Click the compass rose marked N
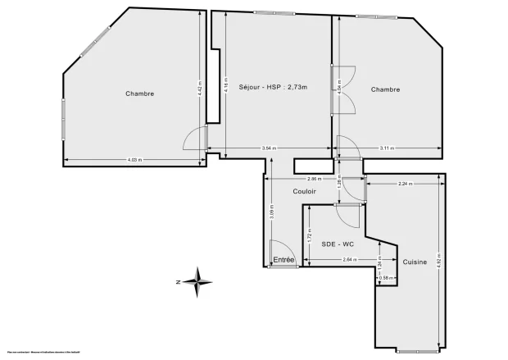pyautogui.click(x=197, y=281)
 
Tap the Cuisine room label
pyautogui.click(x=415, y=262)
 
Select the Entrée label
pyautogui.click(x=283, y=260)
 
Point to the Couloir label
pyautogui.click(x=305, y=191)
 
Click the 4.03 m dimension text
pyautogui.click(x=134, y=159)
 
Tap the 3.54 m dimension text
pyautogui.click(x=269, y=148)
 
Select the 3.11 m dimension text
pyautogui.click(x=388, y=148)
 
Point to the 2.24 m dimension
pyautogui.click(x=404, y=184)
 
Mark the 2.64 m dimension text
pyautogui.click(x=348, y=260)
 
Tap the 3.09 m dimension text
pyautogui.click(x=273, y=215)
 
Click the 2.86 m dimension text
pyautogui.click(x=313, y=179)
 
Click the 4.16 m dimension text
pyautogui.click(x=225, y=84)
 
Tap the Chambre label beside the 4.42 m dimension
pyautogui.click(x=140, y=93)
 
